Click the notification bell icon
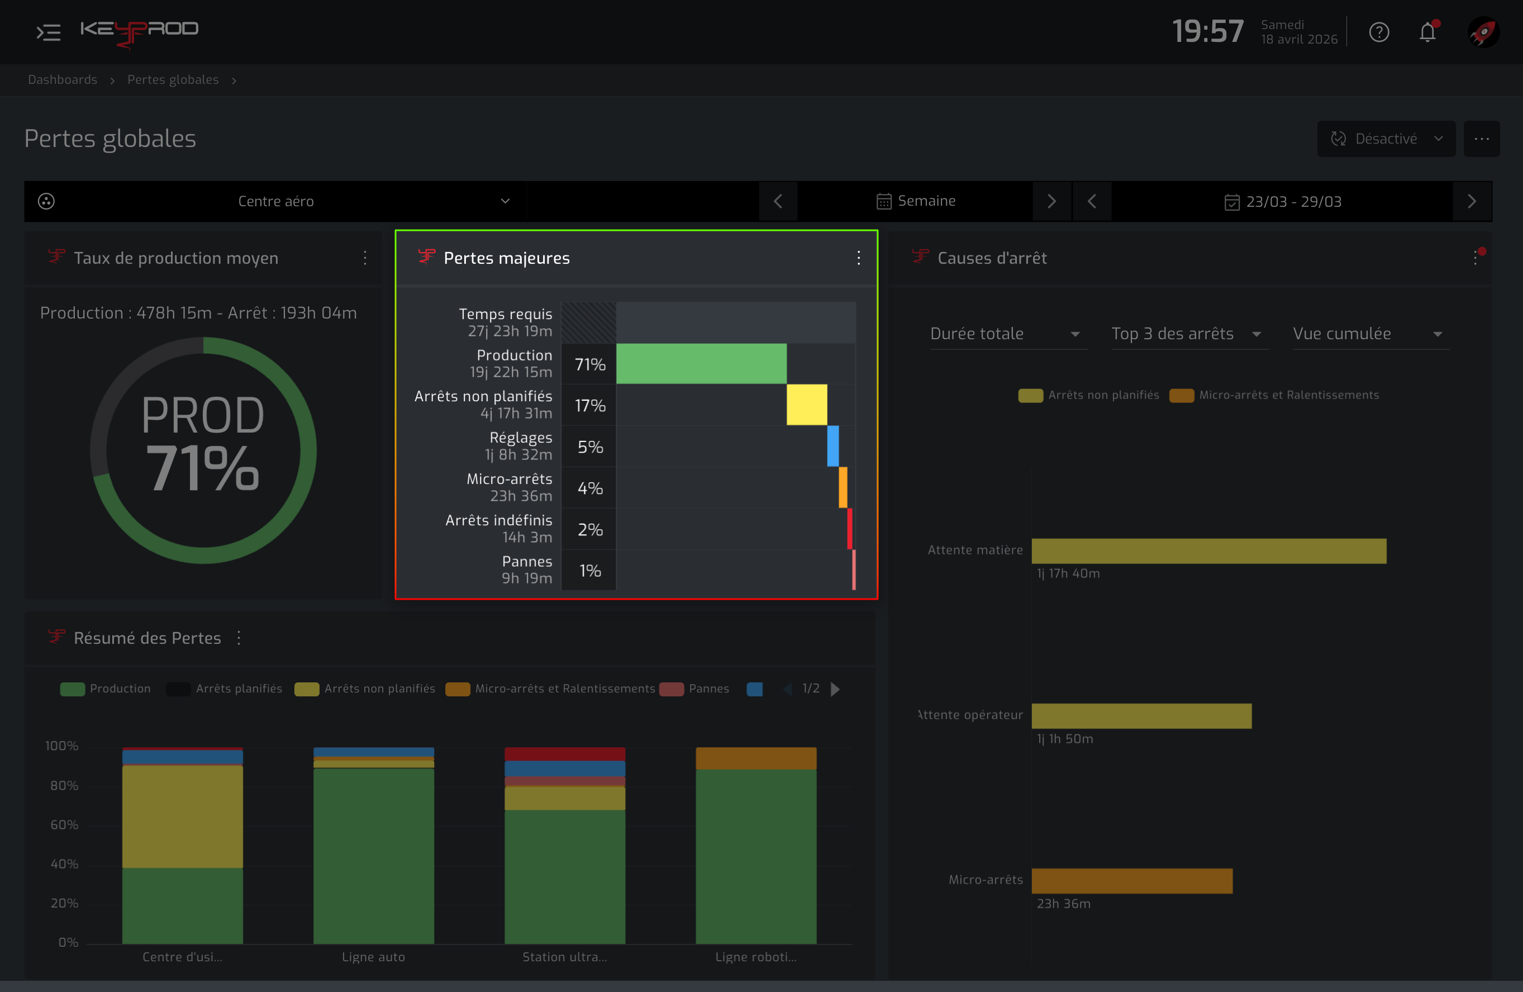1427,31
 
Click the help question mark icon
1379,32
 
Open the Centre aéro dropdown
276,202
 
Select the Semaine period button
916,202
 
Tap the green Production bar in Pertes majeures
701,363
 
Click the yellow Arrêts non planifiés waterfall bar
807,405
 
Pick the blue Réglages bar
833,446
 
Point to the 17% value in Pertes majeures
590,406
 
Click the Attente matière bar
1209,551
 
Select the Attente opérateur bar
1141,716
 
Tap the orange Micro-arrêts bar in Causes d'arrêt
1132,881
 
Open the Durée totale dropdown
1008,334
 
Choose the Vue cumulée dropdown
1370,334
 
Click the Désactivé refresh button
1386,139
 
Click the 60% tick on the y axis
64,825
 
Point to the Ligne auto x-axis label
373,957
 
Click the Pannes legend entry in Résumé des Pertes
694,689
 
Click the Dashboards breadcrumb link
63,79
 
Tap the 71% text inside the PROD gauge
203,468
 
